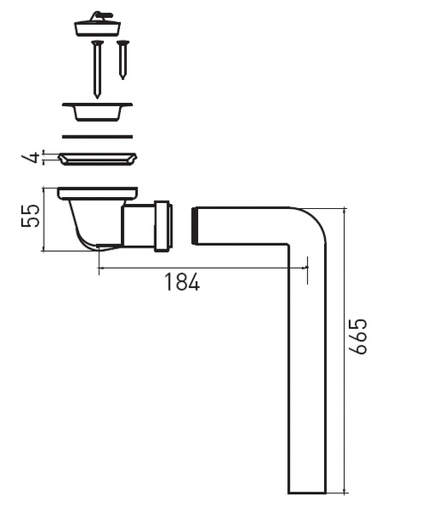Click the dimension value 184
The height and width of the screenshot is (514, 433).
[x=182, y=282]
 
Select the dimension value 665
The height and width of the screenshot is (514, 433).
[x=358, y=337]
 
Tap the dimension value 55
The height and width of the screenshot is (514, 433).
[x=30, y=215]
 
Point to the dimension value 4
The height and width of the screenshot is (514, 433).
[x=30, y=158]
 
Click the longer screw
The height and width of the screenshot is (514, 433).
[x=97, y=69]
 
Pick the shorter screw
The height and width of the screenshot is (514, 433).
[x=123, y=60]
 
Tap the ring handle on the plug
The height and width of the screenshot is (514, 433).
[x=102, y=15]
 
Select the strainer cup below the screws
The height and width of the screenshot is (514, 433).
[x=98, y=111]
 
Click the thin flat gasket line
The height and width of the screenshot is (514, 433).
[x=98, y=137]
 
